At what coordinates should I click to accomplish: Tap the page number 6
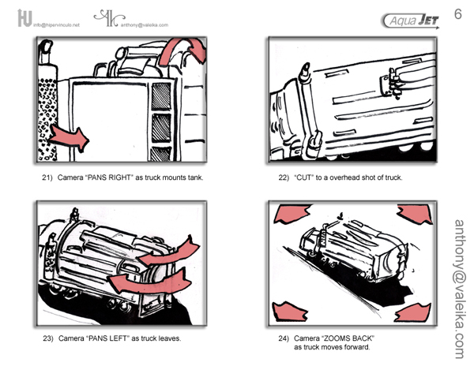(457, 14)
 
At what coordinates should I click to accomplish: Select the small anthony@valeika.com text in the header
(145, 24)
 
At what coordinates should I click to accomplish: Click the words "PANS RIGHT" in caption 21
(111, 177)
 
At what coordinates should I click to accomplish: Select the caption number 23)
(47, 338)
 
